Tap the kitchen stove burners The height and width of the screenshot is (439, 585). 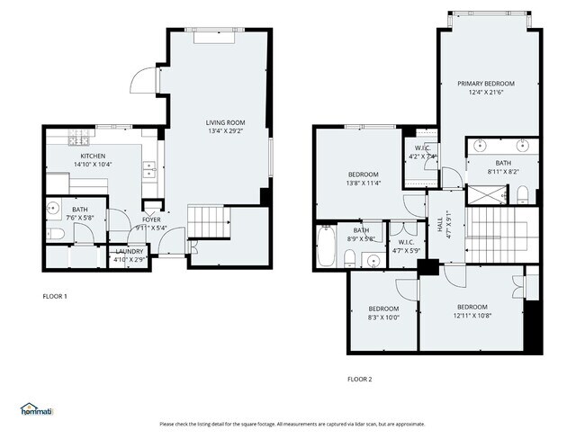[x=79, y=139]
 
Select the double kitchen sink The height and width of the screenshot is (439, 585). [x=148, y=168]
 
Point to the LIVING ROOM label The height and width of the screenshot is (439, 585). [x=225, y=123]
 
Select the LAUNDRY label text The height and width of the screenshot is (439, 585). [x=126, y=253]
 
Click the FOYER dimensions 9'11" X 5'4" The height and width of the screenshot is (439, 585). [x=150, y=227]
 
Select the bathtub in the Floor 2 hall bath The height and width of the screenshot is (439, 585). [x=326, y=246]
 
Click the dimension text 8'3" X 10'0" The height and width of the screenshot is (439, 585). [x=382, y=317]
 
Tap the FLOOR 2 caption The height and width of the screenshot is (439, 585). [x=359, y=379]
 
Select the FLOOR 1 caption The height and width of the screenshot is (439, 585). [x=55, y=296]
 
